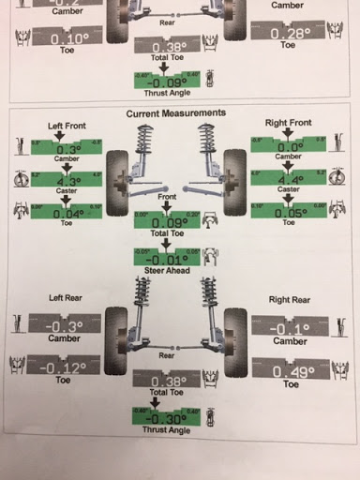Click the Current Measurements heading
point(176,112)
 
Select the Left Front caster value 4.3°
point(67,181)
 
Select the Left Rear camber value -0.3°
point(66,327)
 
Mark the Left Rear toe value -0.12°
point(67,367)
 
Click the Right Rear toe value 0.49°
point(290,370)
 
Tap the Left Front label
point(67,125)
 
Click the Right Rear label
point(289,300)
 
